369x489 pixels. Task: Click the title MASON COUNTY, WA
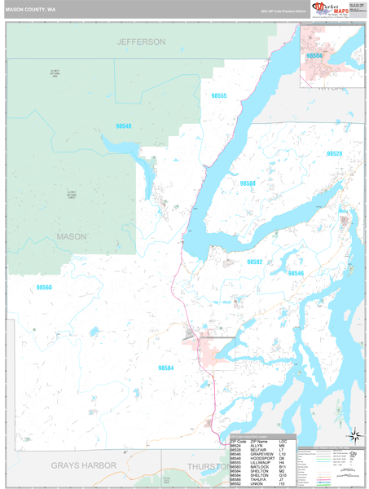(x=30, y=9)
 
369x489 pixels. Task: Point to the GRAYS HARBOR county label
(x=84, y=465)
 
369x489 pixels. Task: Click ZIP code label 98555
(x=219, y=96)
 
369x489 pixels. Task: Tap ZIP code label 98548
(x=124, y=126)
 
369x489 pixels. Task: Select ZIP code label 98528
(x=334, y=153)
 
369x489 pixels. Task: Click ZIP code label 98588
(x=248, y=183)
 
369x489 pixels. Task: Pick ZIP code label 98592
(x=255, y=262)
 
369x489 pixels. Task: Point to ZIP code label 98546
(x=295, y=273)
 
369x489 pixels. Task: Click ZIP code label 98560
(x=44, y=287)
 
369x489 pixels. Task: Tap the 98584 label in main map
(x=165, y=368)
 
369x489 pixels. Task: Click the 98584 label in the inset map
(x=314, y=55)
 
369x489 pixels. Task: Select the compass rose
(x=354, y=435)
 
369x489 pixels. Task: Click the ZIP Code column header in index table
(x=237, y=441)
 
